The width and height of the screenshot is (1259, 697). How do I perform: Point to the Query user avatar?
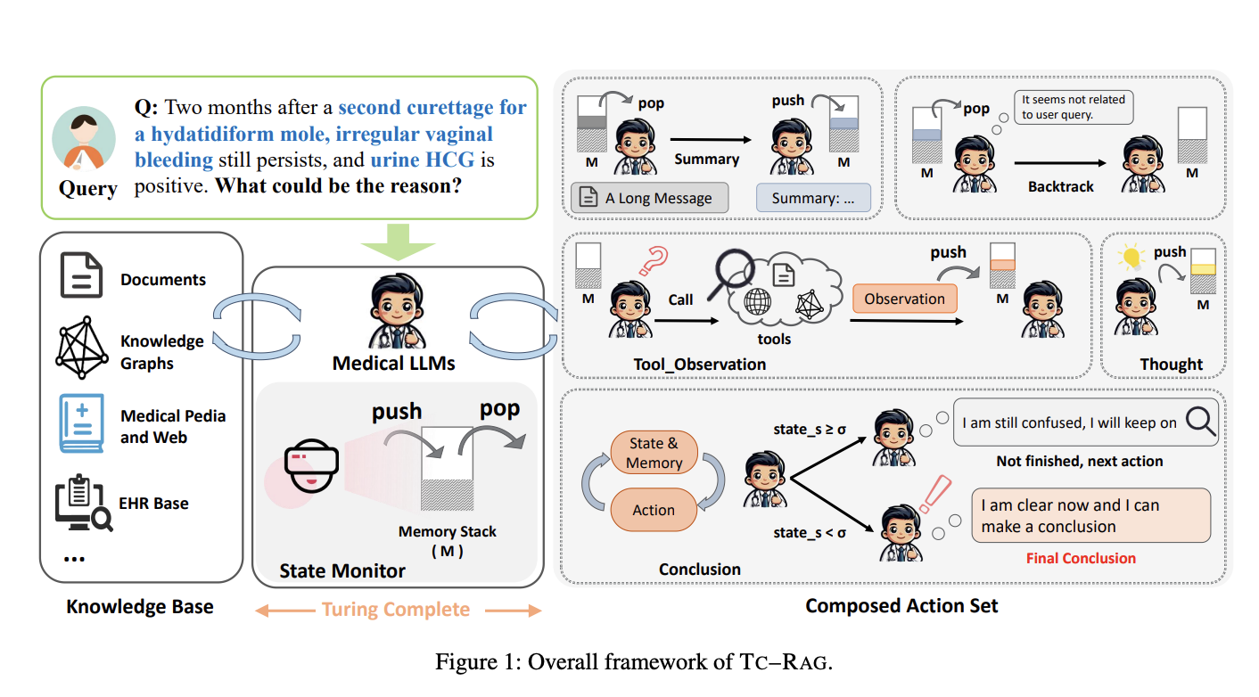(x=83, y=138)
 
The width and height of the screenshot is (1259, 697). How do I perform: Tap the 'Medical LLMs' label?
(x=393, y=364)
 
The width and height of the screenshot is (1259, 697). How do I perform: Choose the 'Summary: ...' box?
(x=813, y=198)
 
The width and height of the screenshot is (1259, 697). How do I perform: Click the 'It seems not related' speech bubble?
(x=1074, y=107)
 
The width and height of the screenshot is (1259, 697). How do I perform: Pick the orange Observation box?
(x=904, y=299)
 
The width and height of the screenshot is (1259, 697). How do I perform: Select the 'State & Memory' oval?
(x=654, y=453)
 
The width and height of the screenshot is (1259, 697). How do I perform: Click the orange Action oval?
(x=654, y=510)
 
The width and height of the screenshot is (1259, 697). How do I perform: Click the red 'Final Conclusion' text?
(x=1081, y=558)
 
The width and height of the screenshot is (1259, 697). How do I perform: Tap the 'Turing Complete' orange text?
(x=396, y=610)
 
